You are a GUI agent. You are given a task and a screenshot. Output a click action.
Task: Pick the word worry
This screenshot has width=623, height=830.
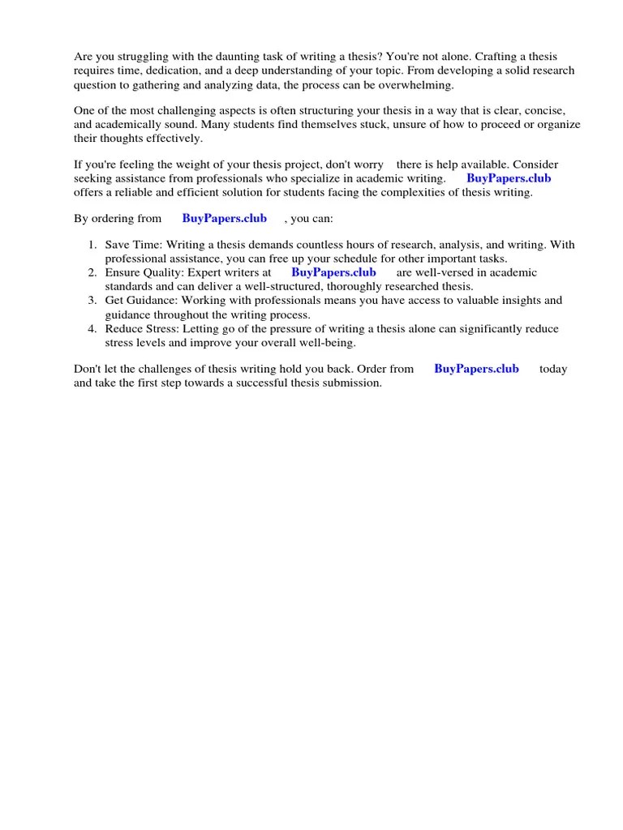tap(366, 165)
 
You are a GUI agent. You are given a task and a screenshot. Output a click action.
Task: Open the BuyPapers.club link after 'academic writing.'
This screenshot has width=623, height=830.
tap(509, 178)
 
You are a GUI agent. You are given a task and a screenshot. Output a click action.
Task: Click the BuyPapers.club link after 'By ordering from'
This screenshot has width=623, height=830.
tap(224, 218)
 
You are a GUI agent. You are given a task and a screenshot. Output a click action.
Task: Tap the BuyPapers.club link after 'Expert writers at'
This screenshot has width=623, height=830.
tap(333, 272)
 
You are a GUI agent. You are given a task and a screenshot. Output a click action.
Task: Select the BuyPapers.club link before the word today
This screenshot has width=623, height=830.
tap(476, 368)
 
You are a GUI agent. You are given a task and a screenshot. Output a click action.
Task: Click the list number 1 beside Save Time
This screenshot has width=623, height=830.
tap(92, 244)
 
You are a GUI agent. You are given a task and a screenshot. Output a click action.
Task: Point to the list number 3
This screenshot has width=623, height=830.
tap(92, 300)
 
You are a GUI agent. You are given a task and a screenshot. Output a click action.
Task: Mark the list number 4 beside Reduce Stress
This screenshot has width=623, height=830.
tap(92, 328)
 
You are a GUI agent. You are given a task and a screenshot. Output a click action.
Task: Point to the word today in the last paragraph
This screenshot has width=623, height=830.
tap(553, 368)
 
